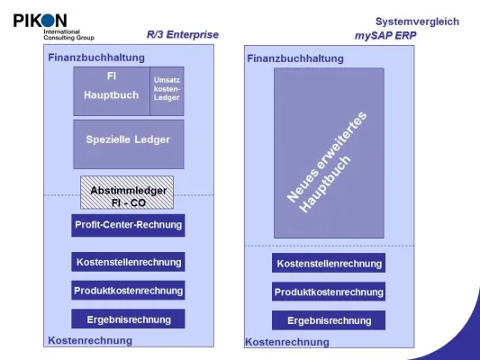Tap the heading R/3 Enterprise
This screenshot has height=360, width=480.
coord(182,35)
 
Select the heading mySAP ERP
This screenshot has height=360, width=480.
coord(385,35)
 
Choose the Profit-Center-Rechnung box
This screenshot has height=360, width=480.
coord(128,225)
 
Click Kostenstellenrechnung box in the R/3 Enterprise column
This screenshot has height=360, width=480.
coord(128,262)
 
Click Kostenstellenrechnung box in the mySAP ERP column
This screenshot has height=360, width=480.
coord(329,263)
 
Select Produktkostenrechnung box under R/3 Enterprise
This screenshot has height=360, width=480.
coord(128,290)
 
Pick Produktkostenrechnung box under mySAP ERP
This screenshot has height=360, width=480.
coord(329,292)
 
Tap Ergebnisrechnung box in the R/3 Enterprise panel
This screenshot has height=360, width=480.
coord(128,318)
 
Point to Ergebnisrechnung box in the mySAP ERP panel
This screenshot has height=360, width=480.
coord(329,320)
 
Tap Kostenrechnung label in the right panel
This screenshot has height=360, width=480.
coord(287,342)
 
